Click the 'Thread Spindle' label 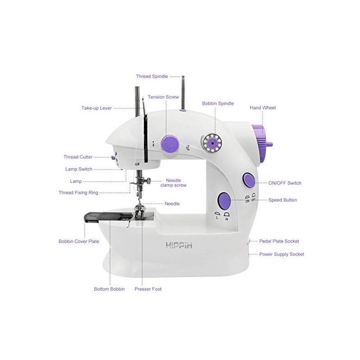[152, 76]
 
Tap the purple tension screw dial [170, 144]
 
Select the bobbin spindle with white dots [211, 143]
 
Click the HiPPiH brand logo [179, 246]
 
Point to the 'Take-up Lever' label [96, 108]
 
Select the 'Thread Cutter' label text [78, 157]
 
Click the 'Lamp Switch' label [78, 169]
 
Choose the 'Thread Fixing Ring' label [78, 193]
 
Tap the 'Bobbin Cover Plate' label [79, 241]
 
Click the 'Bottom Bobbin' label [109, 289]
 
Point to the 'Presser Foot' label [148, 289]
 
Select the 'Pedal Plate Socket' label [279, 241]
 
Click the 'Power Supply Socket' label [282, 254]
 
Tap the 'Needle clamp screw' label [174, 183]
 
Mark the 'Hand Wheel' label [263, 108]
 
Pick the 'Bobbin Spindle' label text [218, 103]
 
